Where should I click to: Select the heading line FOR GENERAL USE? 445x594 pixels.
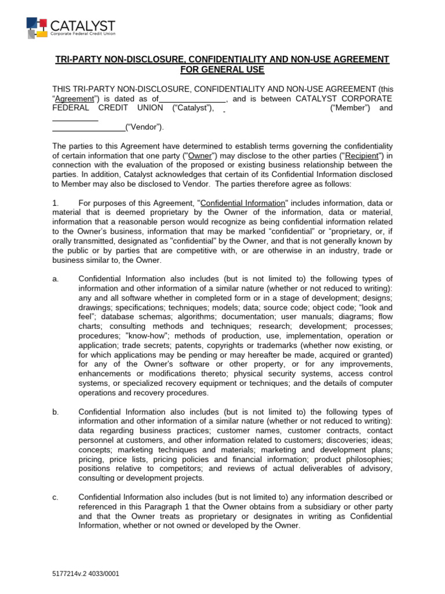[x=222, y=70]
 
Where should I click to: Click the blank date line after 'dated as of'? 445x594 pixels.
[x=192, y=99]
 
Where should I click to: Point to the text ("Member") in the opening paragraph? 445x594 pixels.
[x=345, y=108]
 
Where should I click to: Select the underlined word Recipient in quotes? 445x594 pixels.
[x=362, y=155]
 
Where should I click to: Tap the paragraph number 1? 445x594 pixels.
[x=55, y=202]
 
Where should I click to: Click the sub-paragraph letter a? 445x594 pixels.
[x=55, y=279]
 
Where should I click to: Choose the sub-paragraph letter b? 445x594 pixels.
[x=56, y=411]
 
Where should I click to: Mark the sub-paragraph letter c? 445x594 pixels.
[x=55, y=497]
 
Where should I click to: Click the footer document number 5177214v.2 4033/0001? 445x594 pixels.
[x=86, y=573]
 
